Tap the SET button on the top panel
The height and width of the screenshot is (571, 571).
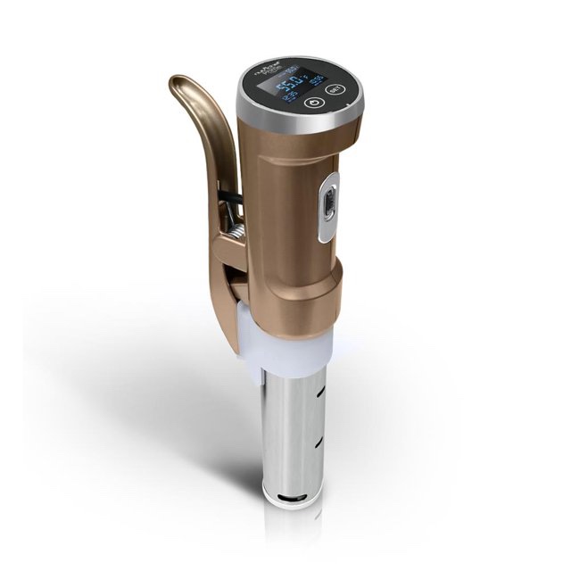(x=335, y=90)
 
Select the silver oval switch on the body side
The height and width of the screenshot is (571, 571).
(x=327, y=206)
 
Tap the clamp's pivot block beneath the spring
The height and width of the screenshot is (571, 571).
(x=228, y=268)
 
